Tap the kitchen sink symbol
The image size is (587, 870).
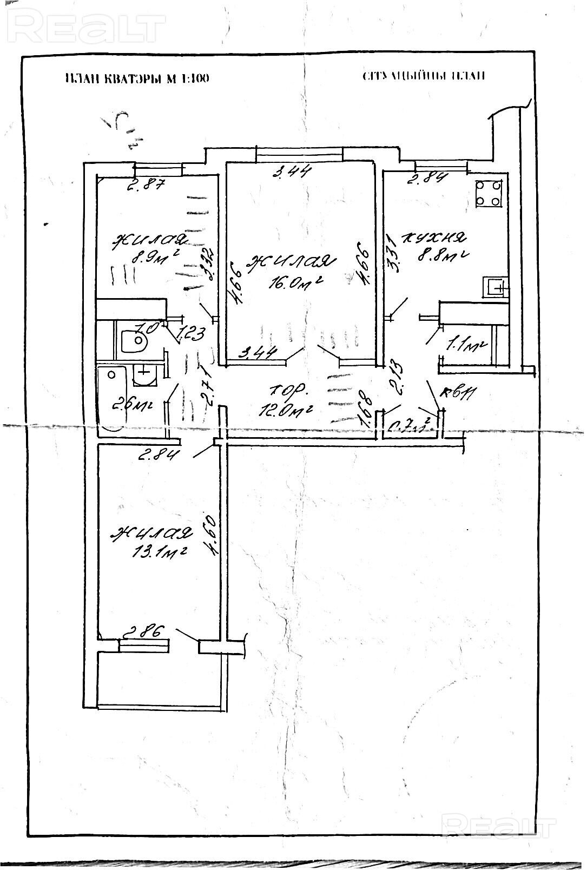(x=496, y=286)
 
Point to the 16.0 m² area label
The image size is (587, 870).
(x=294, y=282)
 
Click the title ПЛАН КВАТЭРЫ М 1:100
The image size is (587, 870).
(x=136, y=78)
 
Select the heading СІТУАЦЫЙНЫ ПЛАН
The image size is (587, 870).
(x=424, y=75)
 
